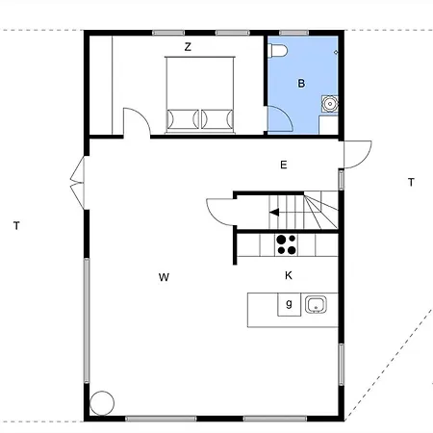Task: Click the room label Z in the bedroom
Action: pyautogui.click(x=188, y=47)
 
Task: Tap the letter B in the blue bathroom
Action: pyautogui.click(x=301, y=84)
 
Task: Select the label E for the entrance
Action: pyautogui.click(x=284, y=165)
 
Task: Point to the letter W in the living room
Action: pyautogui.click(x=164, y=277)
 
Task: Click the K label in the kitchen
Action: pyautogui.click(x=289, y=275)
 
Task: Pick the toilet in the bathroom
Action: pyautogui.click(x=278, y=51)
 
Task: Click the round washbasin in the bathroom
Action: pyautogui.click(x=330, y=104)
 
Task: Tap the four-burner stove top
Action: pyautogui.click(x=286, y=244)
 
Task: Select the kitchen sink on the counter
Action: pyautogui.click(x=316, y=304)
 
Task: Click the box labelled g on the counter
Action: pyautogui.click(x=289, y=304)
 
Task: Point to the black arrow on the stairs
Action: pyautogui.click(x=274, y=213)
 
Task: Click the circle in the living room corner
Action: pyautogui.click(x=102, y=403)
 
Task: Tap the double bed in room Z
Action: pyautogui.click(x=200, y=95)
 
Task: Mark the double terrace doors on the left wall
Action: pyautogui.click(x=78, y=183)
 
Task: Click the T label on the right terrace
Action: pyautogui.click(x=411, y=182)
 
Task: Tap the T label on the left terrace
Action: pyautogui.click(x=16, y=226)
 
